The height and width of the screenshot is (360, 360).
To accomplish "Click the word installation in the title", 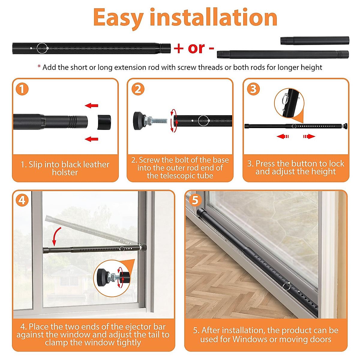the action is (x=213, y=17).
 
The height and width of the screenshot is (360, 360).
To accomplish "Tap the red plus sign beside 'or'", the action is (x=178, y=49).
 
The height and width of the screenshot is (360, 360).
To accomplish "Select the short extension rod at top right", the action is (x=315, y=41).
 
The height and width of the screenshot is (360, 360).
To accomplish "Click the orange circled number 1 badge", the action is (x=22, y=89).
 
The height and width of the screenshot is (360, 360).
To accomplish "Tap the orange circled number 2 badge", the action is (x=138, y=89).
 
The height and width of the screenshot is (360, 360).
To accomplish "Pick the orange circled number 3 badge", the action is (x=253, y=89).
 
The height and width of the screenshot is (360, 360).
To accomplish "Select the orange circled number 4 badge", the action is (x=22, y=200).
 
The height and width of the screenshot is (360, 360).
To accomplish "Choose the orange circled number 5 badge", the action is (x=195, y=200).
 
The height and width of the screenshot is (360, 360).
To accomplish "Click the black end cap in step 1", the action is (x=104, y=122).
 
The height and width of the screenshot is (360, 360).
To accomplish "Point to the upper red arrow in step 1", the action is (x=91, y=105).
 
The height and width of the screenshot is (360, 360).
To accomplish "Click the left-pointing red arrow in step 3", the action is (x=283, y=136).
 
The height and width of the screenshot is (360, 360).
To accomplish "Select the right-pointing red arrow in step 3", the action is (x=309, y=136).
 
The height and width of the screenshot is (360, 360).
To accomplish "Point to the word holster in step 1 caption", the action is (x=65, y=172).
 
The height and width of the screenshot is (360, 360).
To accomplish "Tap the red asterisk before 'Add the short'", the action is (x=39, y=66).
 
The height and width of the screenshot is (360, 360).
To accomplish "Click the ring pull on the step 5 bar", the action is (x=286, y=286).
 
